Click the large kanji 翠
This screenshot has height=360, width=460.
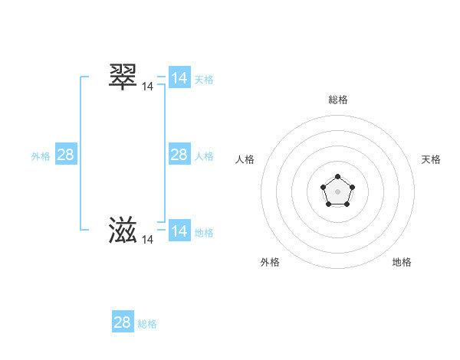click(x=123, y=77)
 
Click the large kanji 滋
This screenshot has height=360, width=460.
click(x=123, y=230)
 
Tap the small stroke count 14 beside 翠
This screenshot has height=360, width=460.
click(x=147, y=87)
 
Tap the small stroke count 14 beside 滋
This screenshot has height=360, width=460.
click(x=147, y=240)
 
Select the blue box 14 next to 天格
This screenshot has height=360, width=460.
click(x=179, y=78)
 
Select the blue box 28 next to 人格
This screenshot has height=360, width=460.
click(x=179, y=155)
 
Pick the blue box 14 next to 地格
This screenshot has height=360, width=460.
click(x=179, y=231)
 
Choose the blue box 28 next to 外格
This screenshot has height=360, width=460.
click(x=65, y=155)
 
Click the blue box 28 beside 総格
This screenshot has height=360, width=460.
click(x=122, y=322)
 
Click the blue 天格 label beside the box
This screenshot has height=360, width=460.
click(x=204, y=80)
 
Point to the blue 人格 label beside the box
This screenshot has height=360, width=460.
click(x=204, y=156)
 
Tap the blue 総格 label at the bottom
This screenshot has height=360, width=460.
click(x=147, y=324)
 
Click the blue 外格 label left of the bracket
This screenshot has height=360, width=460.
click(x=41, y=156)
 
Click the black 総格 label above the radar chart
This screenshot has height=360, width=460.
click(x=338, y=100)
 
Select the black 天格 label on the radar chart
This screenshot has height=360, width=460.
click(x=431, y=159)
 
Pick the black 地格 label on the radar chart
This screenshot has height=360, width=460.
click(x=402, y=262)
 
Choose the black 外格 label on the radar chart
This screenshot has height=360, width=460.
click(x=270, y=262)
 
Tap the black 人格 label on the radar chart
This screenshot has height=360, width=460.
click(x=245, y=159)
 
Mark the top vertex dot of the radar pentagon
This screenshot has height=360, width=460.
click(x=337, y=177)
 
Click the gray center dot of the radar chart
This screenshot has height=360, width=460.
click(x=337, y=191)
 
